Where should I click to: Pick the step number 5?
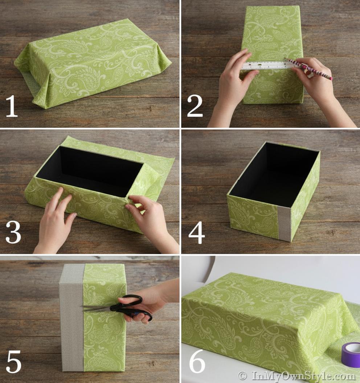(x=14, y=361)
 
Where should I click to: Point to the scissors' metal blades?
(x=97, y=308)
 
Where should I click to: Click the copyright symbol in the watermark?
(x=242, y=375)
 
